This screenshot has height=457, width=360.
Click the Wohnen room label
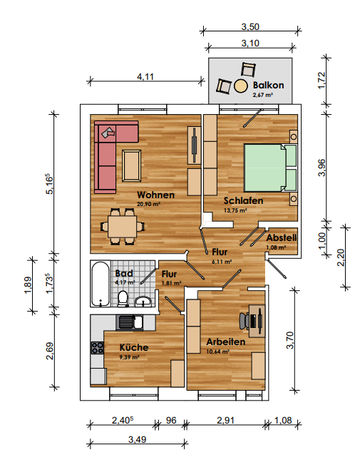click(x=155, y=195)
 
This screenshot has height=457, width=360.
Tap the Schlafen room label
click(x=243, y=201)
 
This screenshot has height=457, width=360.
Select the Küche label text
click(x=134, y=347)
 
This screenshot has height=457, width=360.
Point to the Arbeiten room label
click(x=226, y=342)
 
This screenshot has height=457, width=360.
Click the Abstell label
click(x=282, y=238)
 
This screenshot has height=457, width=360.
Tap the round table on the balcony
click(x=241, y=86)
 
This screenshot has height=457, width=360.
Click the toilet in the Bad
click(x=123, y=299)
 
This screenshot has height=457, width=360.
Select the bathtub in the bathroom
click(x=101, y=284)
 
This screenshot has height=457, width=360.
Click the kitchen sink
click(x=130, y=323)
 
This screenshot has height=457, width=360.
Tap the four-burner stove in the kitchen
click(x=98, y=348)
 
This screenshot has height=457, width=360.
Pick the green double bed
click(x=270, y=168)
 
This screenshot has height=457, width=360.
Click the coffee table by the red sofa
click(x=131, y=165)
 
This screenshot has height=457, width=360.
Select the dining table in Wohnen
click(x=123, y=227)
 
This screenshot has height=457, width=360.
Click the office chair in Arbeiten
click(x=245, y=321)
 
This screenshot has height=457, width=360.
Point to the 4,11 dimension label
click(x=145, y=77)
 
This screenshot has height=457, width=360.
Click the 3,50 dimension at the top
click(x=250, y=27)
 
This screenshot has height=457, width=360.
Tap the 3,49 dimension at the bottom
click(x=138, y=439)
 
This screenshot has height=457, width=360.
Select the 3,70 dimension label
click(x=290, y=340)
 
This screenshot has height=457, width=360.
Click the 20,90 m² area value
click(x=149, y=204)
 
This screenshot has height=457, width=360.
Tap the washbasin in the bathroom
click(x=143, y=302)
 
